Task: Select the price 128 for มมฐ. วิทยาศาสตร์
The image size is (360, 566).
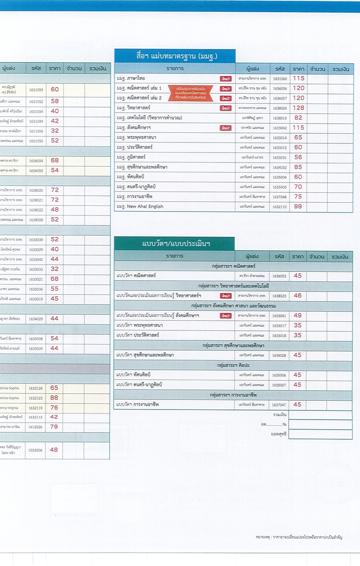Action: (298, 108)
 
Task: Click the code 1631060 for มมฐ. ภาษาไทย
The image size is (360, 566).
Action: (280, 79)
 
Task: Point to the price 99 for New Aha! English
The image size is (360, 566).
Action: (298, 206)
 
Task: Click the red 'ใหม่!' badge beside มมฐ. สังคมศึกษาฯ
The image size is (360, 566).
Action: (226, 128)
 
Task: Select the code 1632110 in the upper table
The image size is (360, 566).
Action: (280, 207)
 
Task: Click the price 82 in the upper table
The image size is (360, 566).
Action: (298, 118)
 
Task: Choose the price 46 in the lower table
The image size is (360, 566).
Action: (297, 296)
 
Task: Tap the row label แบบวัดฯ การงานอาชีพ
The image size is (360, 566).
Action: (138, 405)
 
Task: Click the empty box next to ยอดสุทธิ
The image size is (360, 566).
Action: (320, 434)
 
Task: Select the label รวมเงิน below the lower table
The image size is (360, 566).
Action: (280, 414)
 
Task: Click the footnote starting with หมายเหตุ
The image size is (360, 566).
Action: (299, 537)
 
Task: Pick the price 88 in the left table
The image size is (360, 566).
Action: (54, 398)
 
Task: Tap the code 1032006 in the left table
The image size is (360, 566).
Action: (36, 450)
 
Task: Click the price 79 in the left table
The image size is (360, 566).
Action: (54, 427)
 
